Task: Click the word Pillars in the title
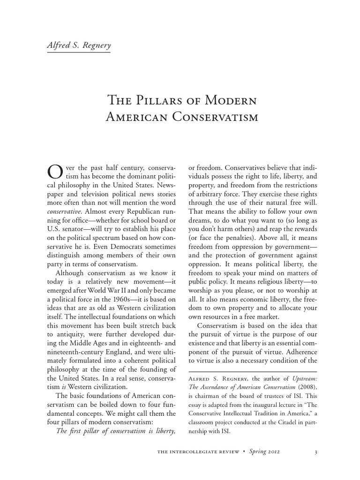pos(163,100)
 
